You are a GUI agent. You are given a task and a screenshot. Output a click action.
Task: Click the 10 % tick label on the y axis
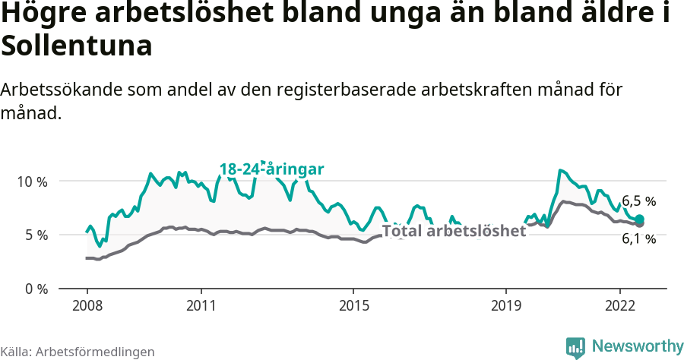tap(33, 182)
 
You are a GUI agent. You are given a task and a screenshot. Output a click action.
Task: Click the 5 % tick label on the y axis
tap(36, 235)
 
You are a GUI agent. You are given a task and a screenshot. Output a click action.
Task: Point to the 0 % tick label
tap(36, 289)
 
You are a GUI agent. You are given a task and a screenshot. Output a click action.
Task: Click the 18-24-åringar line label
tap(272, 169)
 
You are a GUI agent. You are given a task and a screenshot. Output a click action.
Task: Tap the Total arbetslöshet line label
tap(454, 231)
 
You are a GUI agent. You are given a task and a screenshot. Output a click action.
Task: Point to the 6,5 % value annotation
tap(638, 201)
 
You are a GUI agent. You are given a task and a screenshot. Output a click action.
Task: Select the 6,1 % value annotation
tap(638, 238)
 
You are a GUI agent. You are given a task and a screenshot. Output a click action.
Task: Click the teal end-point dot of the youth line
tap(640, 219)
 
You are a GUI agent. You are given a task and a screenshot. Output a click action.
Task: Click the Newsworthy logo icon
tap(575, 347)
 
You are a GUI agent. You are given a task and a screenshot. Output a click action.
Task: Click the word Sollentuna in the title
tap(77, 46)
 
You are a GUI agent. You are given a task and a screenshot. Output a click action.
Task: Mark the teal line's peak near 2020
tap(560, 170)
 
